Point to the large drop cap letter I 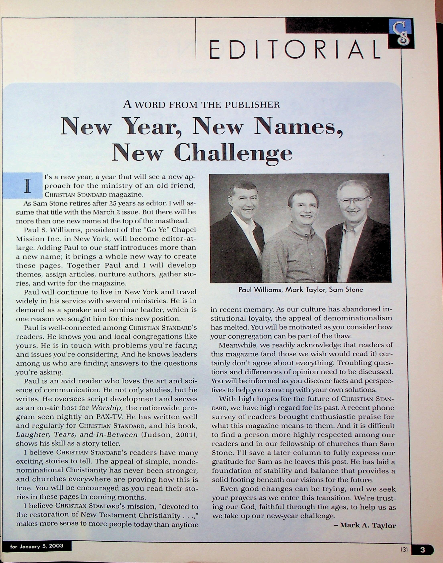[x=27, y=186]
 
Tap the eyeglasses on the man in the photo [x=354, y=201]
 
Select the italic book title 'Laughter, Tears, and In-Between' [x=77, y=435]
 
